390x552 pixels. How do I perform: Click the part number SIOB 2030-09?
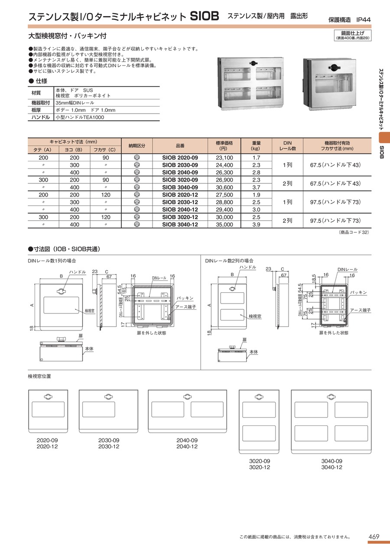click(x=180, y=165)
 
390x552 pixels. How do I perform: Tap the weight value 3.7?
click(x=256, y=187)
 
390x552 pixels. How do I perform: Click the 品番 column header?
click(x=180, y=147)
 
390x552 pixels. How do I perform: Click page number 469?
click(x=374, y=537)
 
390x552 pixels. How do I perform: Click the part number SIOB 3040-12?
click(x=180, y=225)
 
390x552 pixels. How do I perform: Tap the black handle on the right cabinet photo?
click(x=335, y=67)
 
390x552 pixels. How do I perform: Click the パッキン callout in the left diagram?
click(x=185, y=298)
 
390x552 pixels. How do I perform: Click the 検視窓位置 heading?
click(x=39, y=376)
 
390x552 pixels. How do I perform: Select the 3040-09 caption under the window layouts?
click(x=332, y=461)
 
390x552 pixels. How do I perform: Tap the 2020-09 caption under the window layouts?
click(x=47, y=440)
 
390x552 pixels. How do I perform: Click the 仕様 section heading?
click(x=38, y=81)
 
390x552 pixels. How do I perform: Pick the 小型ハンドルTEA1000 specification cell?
click(x=80, y=117)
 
